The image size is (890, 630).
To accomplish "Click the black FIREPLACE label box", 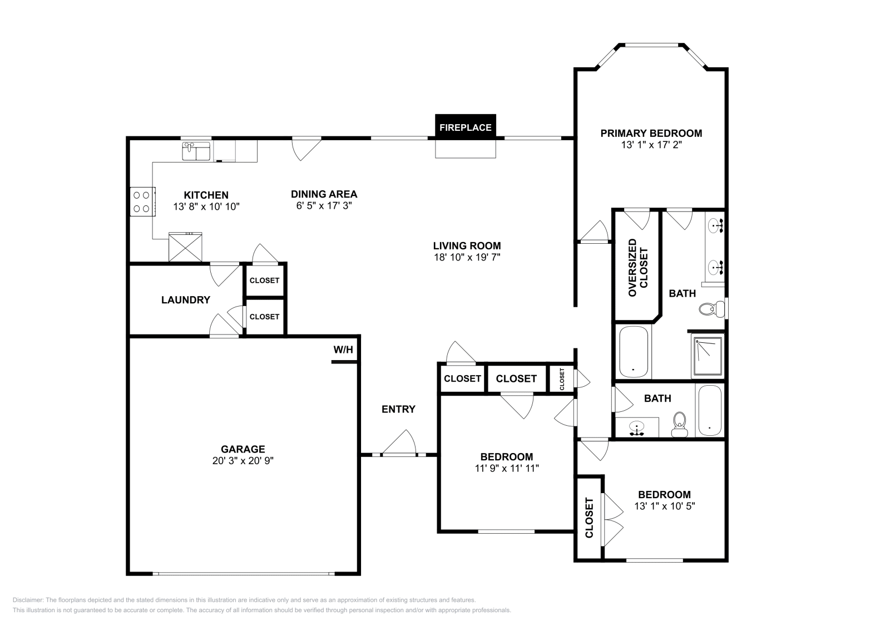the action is pyautogui.click(x=465, y=127).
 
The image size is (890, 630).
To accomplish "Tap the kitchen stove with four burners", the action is pyautogui.click(x=142, y=201).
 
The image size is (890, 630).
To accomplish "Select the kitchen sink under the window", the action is pyautogui.click(x=196, y=151).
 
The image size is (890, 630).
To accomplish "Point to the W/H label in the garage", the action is pyautogui.click(x=343, y=350).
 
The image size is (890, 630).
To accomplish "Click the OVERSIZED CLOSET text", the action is pyautogui.click(x=638, y=268).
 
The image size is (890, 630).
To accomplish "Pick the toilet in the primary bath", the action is pyautogui.click(x=712, y=309).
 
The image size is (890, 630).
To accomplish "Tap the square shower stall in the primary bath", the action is pyautogui.click(x=708, y=356).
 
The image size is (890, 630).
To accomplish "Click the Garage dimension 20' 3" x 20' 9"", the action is pyautogui.click(x=243, y=461).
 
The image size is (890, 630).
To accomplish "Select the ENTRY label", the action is pyautogui.click(x=398, y=409).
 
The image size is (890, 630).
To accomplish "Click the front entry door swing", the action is pyautogui.click(x=399, y=441).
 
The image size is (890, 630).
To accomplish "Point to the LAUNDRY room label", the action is pyautogui.click(x=186, y=300).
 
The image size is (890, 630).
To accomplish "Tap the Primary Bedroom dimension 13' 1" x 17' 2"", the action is pyautogui.click(x=651, y=145).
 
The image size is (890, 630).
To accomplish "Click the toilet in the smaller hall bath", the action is pyautogui.click(x=679, y=425).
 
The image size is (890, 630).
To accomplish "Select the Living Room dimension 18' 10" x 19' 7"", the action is pyautogui.click(x=467, y=257).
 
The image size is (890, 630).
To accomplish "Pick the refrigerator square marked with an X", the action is pyautogui.click(x=185, y=247).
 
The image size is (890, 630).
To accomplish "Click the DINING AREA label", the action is pyautogui.click(x=324, y=194).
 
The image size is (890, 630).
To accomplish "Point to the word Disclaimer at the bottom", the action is pyautogui.click(x=28, y=600).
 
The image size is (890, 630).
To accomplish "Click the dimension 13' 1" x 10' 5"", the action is pyautogui.click(x=664, y=506).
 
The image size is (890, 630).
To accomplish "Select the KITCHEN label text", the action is pyautogui.click(x=206, y=195).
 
